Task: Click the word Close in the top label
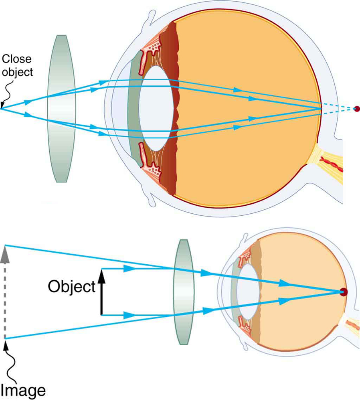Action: (16, 59)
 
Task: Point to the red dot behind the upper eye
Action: (357, 108)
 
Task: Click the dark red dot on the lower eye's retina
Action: (343, 292)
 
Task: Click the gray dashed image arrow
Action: (5, 297)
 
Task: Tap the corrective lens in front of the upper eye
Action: (61, 108)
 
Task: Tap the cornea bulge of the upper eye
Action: (116, 108)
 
